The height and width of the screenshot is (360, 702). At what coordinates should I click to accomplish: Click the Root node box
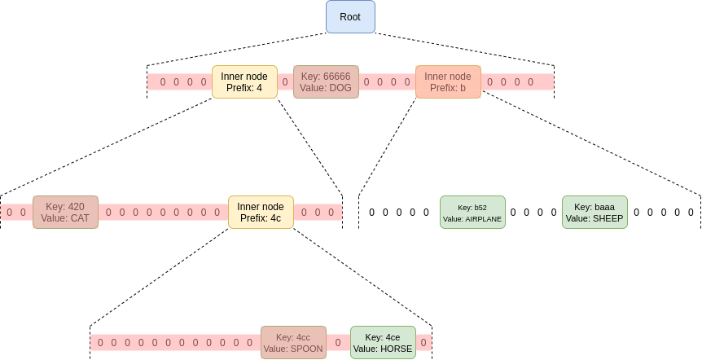pos(350,16)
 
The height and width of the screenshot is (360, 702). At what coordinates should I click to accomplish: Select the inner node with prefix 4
pos(244,81)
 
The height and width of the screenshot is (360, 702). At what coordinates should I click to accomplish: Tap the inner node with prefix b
pos(448,81)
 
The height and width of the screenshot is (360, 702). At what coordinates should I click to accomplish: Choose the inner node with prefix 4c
pos(261,212)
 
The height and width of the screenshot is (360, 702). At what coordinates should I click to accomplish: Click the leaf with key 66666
pos(326,81)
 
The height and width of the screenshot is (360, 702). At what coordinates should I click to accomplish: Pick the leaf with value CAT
pos(65,212)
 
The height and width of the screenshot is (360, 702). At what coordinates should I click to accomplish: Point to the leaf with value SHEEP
pos(595,212)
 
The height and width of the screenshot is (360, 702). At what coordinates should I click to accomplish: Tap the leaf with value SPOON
pos(293,343)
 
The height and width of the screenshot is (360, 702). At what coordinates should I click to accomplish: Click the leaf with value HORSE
pos(383,343)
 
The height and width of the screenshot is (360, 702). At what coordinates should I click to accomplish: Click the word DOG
pos(340,87)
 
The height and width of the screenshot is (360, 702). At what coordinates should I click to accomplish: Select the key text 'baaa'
pos(604,207)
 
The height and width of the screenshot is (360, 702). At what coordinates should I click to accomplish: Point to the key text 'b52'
pos(480,208)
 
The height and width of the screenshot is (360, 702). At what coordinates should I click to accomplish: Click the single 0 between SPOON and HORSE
pos(338,343)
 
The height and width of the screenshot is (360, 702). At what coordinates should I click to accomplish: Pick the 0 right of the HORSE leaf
pos(423,343)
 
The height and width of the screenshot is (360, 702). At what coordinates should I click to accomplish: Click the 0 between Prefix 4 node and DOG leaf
pos(285,81)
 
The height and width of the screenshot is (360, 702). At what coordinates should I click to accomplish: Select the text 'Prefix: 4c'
pos(261,217)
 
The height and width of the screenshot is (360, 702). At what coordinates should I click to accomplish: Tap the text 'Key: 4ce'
pos(383,337)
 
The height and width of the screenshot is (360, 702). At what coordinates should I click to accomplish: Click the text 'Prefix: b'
pos(448,87)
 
